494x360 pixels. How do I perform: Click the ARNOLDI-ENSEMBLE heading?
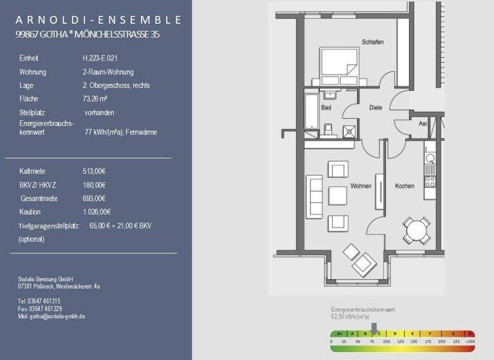98,19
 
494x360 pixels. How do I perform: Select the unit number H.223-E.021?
100,58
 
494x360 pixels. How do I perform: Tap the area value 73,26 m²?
95,99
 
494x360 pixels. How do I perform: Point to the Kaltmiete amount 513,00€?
94,172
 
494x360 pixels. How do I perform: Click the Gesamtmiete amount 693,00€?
94,199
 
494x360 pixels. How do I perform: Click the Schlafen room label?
372,42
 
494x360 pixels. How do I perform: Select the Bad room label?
326,107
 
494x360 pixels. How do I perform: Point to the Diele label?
376,108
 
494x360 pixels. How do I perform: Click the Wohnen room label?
360,186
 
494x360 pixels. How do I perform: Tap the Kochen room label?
405,186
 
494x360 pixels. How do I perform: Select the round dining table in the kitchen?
417,230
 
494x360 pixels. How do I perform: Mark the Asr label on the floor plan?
423,123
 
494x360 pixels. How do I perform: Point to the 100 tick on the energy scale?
386,342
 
